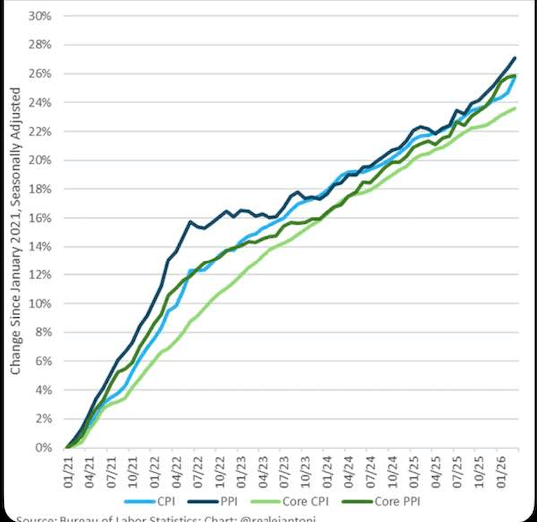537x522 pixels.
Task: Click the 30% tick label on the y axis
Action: coord(41,16)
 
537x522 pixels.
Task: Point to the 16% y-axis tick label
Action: coord(41,218)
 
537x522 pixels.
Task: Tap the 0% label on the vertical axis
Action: coord(44,448)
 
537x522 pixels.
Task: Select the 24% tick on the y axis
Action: coord(41,102)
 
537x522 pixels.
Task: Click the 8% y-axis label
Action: coord(44,332)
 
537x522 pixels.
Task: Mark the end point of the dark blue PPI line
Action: coord(514,58)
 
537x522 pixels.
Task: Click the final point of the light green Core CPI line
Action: coord(514,108)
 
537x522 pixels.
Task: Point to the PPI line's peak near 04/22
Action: coord(190,222)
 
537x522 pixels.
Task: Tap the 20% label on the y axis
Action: coord(41,160)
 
